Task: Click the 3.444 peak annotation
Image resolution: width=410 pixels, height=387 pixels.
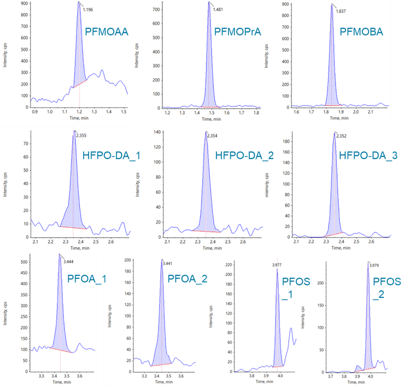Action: pos(68,262)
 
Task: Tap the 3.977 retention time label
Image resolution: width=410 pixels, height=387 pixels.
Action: pos(278,265)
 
